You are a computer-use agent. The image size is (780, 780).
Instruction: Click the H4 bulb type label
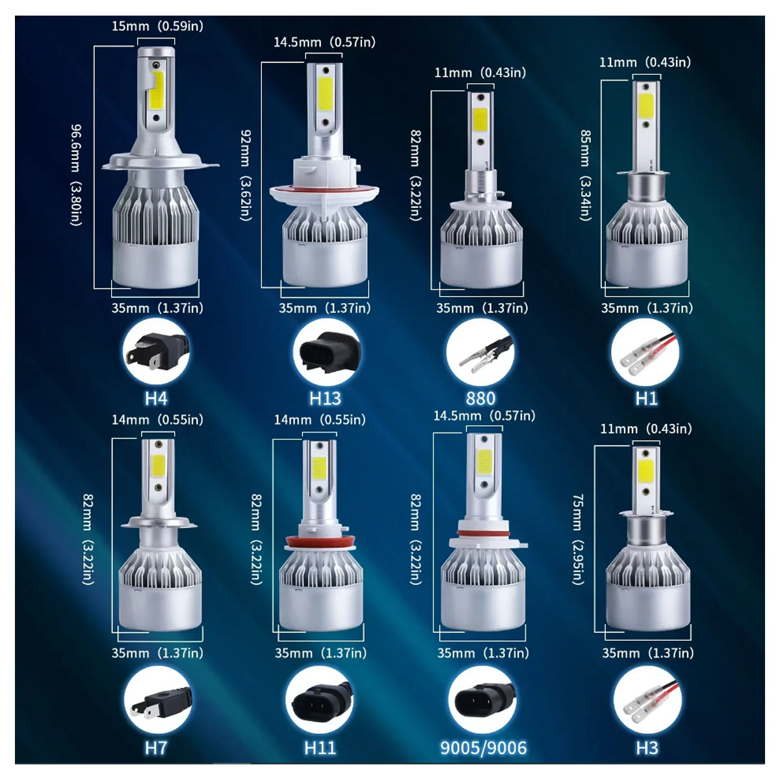point(156,398)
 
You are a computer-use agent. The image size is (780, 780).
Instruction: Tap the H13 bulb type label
point(325,398)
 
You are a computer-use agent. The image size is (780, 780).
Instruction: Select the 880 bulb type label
point(480,398)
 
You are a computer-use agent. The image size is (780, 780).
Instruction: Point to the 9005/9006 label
point(483,747)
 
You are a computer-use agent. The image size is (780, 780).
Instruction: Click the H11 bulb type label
point(320,747)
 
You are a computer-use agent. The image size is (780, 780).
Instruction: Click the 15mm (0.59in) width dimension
point(157,26)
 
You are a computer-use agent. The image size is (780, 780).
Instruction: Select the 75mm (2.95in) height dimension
point(578,539)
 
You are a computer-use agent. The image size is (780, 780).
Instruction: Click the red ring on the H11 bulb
point(320,541)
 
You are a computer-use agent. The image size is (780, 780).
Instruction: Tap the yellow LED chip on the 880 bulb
point(480,119)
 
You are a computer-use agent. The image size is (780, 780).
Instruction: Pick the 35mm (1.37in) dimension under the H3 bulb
point(647,652)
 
